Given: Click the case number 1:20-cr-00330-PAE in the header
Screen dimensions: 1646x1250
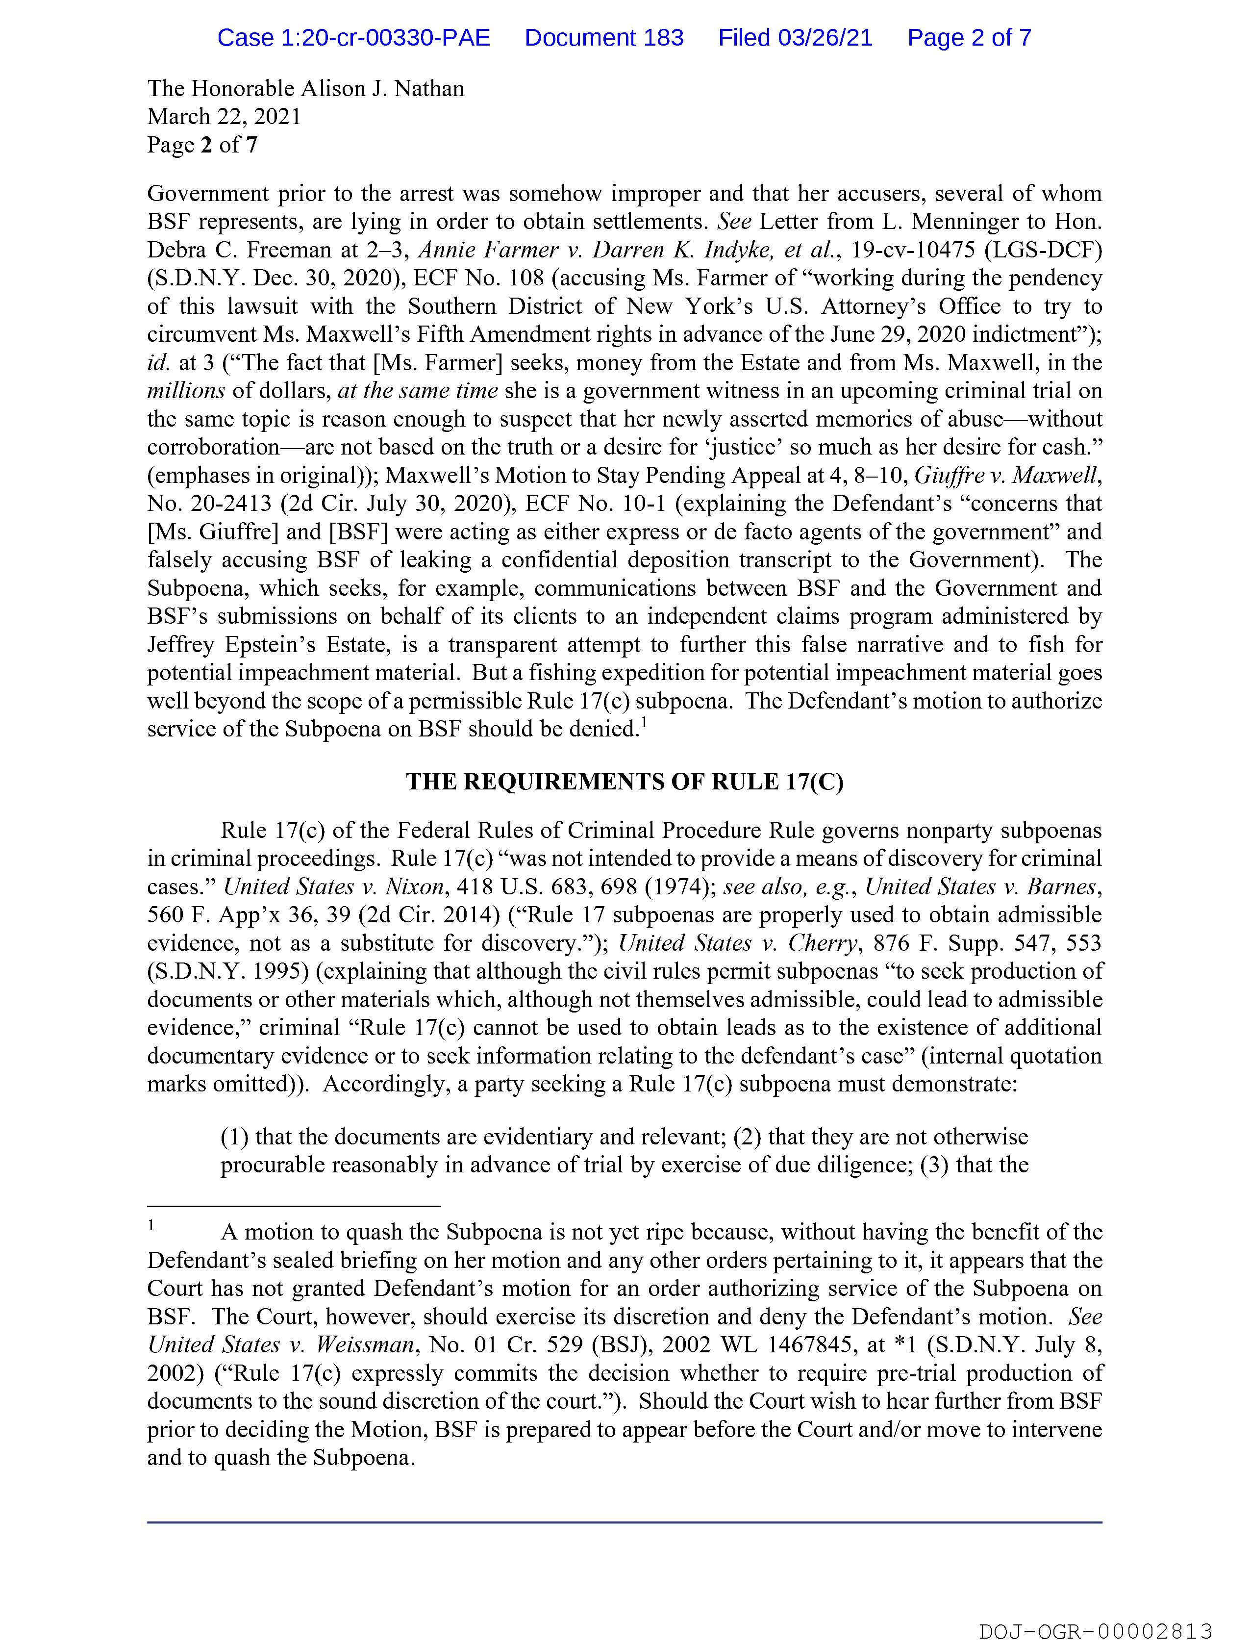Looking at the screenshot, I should [x=353, y=37].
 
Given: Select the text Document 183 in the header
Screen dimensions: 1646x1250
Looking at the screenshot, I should [x=603, y=37].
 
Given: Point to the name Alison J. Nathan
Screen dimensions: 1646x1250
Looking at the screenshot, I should [x=382, y=89].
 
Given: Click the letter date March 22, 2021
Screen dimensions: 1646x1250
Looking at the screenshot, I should [x=224, y=117].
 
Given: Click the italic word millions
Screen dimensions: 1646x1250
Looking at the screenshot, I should [x=186, y=391].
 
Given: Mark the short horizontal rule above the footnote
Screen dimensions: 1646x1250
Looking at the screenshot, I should [x=294, y=1206].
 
